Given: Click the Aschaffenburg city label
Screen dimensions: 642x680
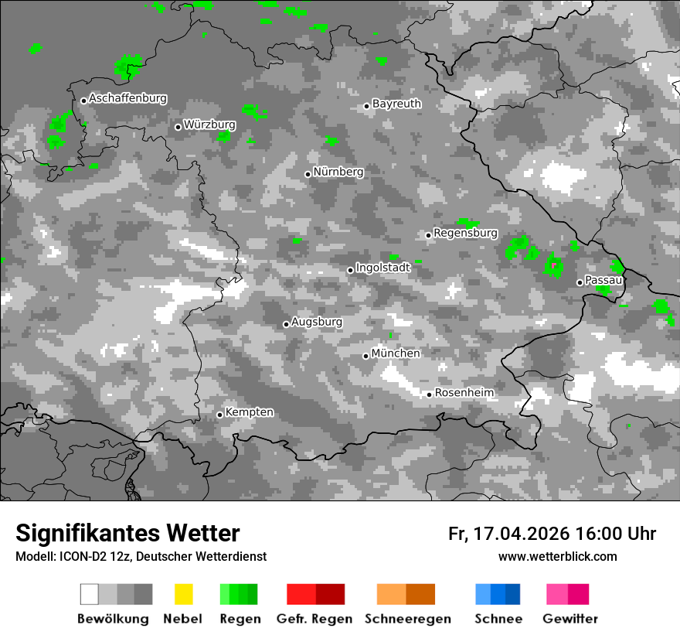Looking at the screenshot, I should (127, 99).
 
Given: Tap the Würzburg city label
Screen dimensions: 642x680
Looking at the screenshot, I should (209, 125).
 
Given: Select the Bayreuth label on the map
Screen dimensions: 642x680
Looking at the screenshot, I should (396, 104).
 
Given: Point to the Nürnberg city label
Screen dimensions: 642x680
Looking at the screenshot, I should (338, 172).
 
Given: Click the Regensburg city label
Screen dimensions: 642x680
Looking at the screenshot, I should (465, 233).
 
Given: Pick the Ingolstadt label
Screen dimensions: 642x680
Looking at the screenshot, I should (382, 268).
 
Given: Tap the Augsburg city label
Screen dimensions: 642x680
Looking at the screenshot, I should (317, 322).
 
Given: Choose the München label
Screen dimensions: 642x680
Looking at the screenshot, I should (396, 353).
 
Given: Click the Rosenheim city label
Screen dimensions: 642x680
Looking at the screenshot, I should (464, 393).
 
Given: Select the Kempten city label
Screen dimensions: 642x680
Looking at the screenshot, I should (249, 412).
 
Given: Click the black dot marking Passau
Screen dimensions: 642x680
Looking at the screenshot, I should (580, 282).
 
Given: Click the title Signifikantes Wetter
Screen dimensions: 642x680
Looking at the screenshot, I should (127, 533).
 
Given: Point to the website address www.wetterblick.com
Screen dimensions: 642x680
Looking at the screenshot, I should (557, 557).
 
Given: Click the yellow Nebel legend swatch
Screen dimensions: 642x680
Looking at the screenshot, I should (183, 594).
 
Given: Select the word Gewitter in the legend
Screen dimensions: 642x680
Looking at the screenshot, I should (570, 619).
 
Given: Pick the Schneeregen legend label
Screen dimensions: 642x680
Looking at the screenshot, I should (407, 619).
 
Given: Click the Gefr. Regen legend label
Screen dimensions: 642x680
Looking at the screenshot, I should (314, 619).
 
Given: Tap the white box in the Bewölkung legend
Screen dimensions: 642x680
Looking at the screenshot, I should (90, 594).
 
